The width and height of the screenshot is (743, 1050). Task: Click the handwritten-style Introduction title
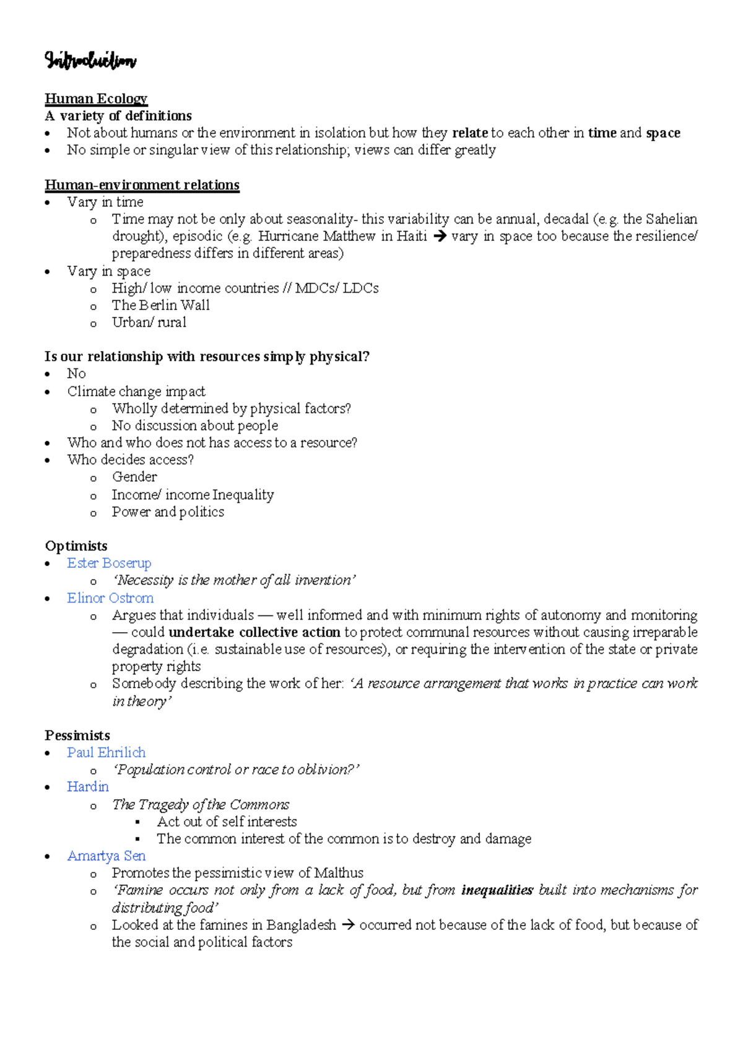(90, 61)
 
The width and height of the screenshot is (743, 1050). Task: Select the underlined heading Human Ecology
(96, 98)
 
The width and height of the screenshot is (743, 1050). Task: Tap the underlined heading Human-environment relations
(142, 185)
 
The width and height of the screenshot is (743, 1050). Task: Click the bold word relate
(470, 133)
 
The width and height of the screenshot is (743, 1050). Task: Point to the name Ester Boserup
(109, 563)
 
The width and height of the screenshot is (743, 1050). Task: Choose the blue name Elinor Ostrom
(110, 598)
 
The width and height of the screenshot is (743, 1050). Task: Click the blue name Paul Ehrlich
(106, 753)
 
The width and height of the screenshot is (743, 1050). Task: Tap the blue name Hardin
(88, 787)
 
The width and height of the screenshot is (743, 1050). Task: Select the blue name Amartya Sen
(106, 856)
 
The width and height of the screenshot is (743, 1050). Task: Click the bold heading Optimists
(76, 546)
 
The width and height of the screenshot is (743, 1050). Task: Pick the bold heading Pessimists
(77, 735)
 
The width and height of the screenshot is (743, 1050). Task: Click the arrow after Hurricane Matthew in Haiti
(440, 236)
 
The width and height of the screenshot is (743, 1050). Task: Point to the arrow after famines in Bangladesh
(348, 926)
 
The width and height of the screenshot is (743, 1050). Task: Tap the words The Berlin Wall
(161, 305)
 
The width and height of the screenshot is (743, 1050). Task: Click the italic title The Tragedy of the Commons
(201, 805)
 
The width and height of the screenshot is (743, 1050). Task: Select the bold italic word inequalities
(497, 890)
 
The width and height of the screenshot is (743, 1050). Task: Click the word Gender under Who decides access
(134, 477)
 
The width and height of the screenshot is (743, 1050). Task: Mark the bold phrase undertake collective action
(254, 633)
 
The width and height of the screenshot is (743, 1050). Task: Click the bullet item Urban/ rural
(149, 323)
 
